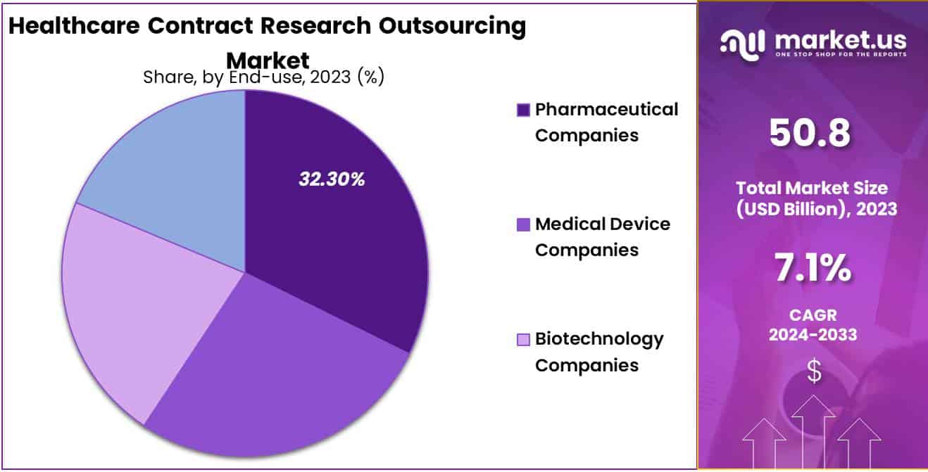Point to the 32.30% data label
coord(332,179)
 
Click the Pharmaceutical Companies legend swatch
coord(523,110)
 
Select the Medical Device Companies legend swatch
coord(523,225)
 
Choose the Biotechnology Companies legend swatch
coord(523,340)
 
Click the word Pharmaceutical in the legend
coord(606,110)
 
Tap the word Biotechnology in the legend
coord(599,339)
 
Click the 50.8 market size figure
coord(809,133)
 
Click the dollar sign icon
coord(814,371)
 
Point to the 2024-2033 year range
coord(813,335)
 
